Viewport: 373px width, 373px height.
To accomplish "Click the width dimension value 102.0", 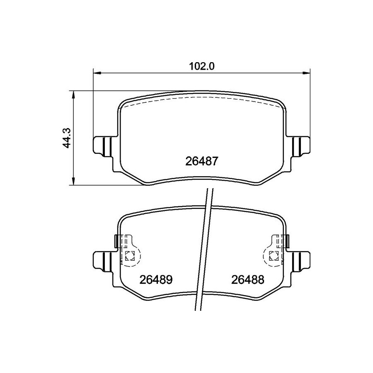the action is click(202, 66).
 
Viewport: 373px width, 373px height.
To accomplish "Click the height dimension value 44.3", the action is click(68, 138).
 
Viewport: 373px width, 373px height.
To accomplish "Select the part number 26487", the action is click(201, 162).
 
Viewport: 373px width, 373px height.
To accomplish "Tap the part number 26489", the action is click(156, 280).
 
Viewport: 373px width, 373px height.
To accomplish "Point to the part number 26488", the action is click(248, 280).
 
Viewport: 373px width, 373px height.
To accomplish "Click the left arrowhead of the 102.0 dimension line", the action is click(97, 73).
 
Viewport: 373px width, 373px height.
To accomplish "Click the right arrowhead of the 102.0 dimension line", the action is click(306, 73).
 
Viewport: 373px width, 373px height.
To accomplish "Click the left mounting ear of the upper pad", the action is click(102, 146).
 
